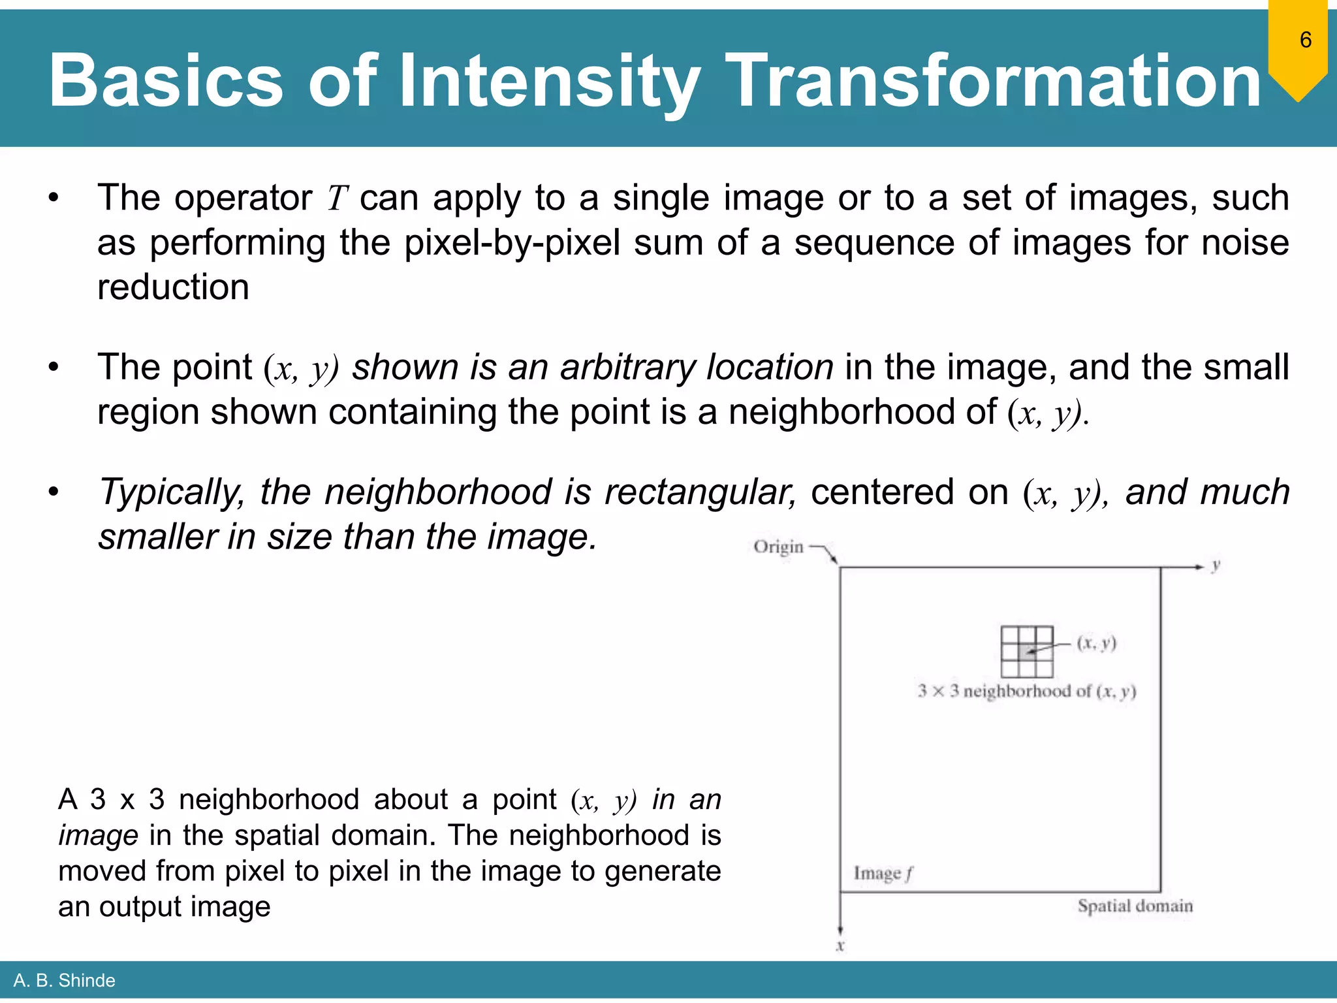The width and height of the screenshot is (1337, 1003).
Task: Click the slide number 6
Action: point(1305,40)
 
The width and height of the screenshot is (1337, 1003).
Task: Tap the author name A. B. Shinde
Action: point(64,980)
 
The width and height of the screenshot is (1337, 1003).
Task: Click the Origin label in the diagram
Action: point(778,547)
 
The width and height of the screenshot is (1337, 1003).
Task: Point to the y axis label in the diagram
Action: point(1216,565)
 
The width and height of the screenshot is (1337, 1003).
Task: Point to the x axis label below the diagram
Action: point(840,946)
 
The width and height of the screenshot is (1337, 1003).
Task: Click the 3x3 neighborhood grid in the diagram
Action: point(1027,651)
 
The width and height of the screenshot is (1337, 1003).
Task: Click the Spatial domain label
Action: point(1135,906)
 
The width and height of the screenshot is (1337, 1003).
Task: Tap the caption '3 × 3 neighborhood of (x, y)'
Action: point(1027,691)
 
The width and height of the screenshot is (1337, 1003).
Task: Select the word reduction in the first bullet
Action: point(173,287)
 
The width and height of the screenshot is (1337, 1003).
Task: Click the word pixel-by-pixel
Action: point(512,243)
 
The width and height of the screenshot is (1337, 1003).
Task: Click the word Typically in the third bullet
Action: point(171,492)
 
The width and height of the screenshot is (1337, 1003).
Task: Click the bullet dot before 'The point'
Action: point(54,367)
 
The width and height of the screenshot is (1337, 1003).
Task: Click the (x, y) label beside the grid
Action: point(1097,643)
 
